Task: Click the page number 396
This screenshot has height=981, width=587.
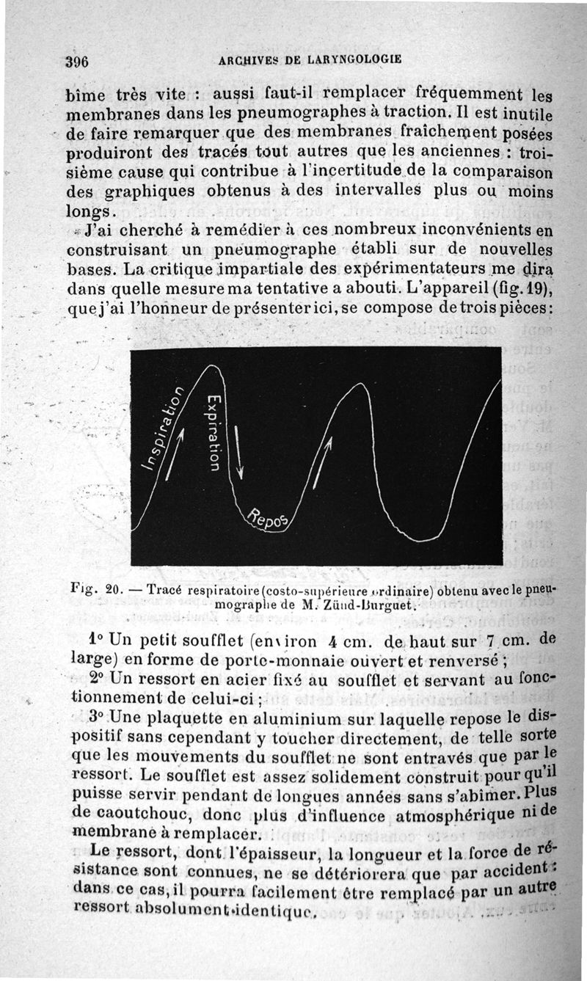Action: coord(76,61)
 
